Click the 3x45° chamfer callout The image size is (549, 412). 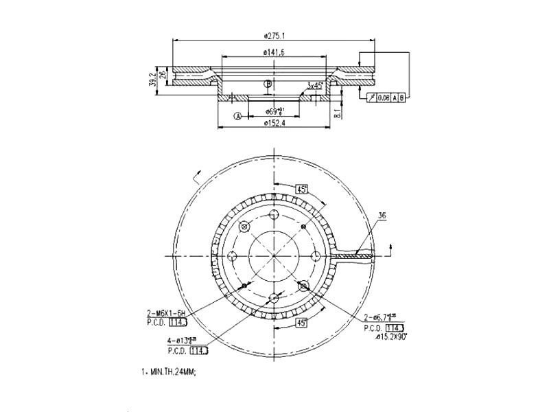[316, 86]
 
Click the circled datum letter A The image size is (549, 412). [238, 116]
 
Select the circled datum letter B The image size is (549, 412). [269, 84]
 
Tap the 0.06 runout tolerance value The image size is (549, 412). [384, 98]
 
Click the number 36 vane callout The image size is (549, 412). [382, 216]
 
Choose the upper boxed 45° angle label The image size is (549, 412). [301, 189]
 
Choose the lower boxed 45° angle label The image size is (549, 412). [300, 322]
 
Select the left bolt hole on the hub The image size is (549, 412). [232, 256]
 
